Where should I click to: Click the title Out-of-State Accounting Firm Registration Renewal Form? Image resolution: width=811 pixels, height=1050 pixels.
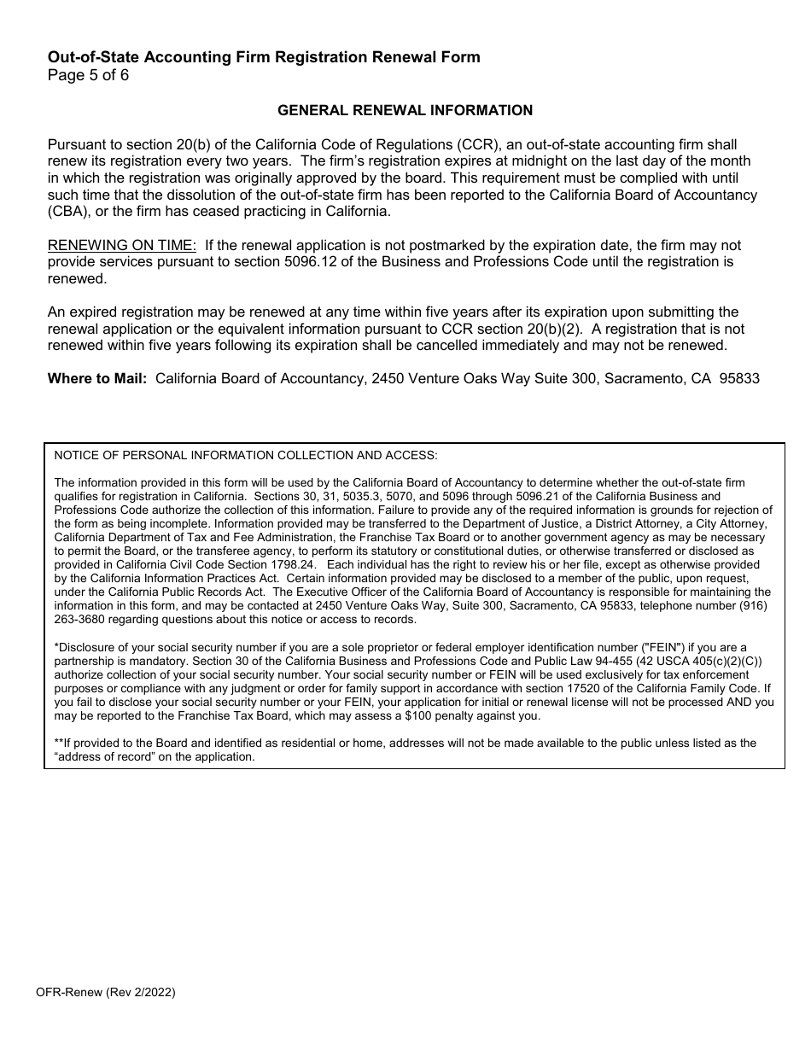(x=264, y=57)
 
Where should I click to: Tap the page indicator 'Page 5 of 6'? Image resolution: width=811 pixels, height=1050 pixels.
(x=88, y=74)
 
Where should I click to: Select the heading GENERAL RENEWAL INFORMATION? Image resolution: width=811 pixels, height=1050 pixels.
(x=405, y=110)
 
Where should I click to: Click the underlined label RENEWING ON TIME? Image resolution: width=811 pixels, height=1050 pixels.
(x=114, y=246)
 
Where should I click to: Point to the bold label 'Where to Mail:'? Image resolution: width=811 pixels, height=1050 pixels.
(x=97, y=378)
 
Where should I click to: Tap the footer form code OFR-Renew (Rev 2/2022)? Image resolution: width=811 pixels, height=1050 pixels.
(x=112, y=993)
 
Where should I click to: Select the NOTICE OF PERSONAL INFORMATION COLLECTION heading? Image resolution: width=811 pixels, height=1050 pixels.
(x=245, y=456)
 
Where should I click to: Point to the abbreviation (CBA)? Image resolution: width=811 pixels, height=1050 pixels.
(x=67, y=212)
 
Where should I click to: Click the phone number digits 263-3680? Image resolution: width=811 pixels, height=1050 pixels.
(x=78, y=620)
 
